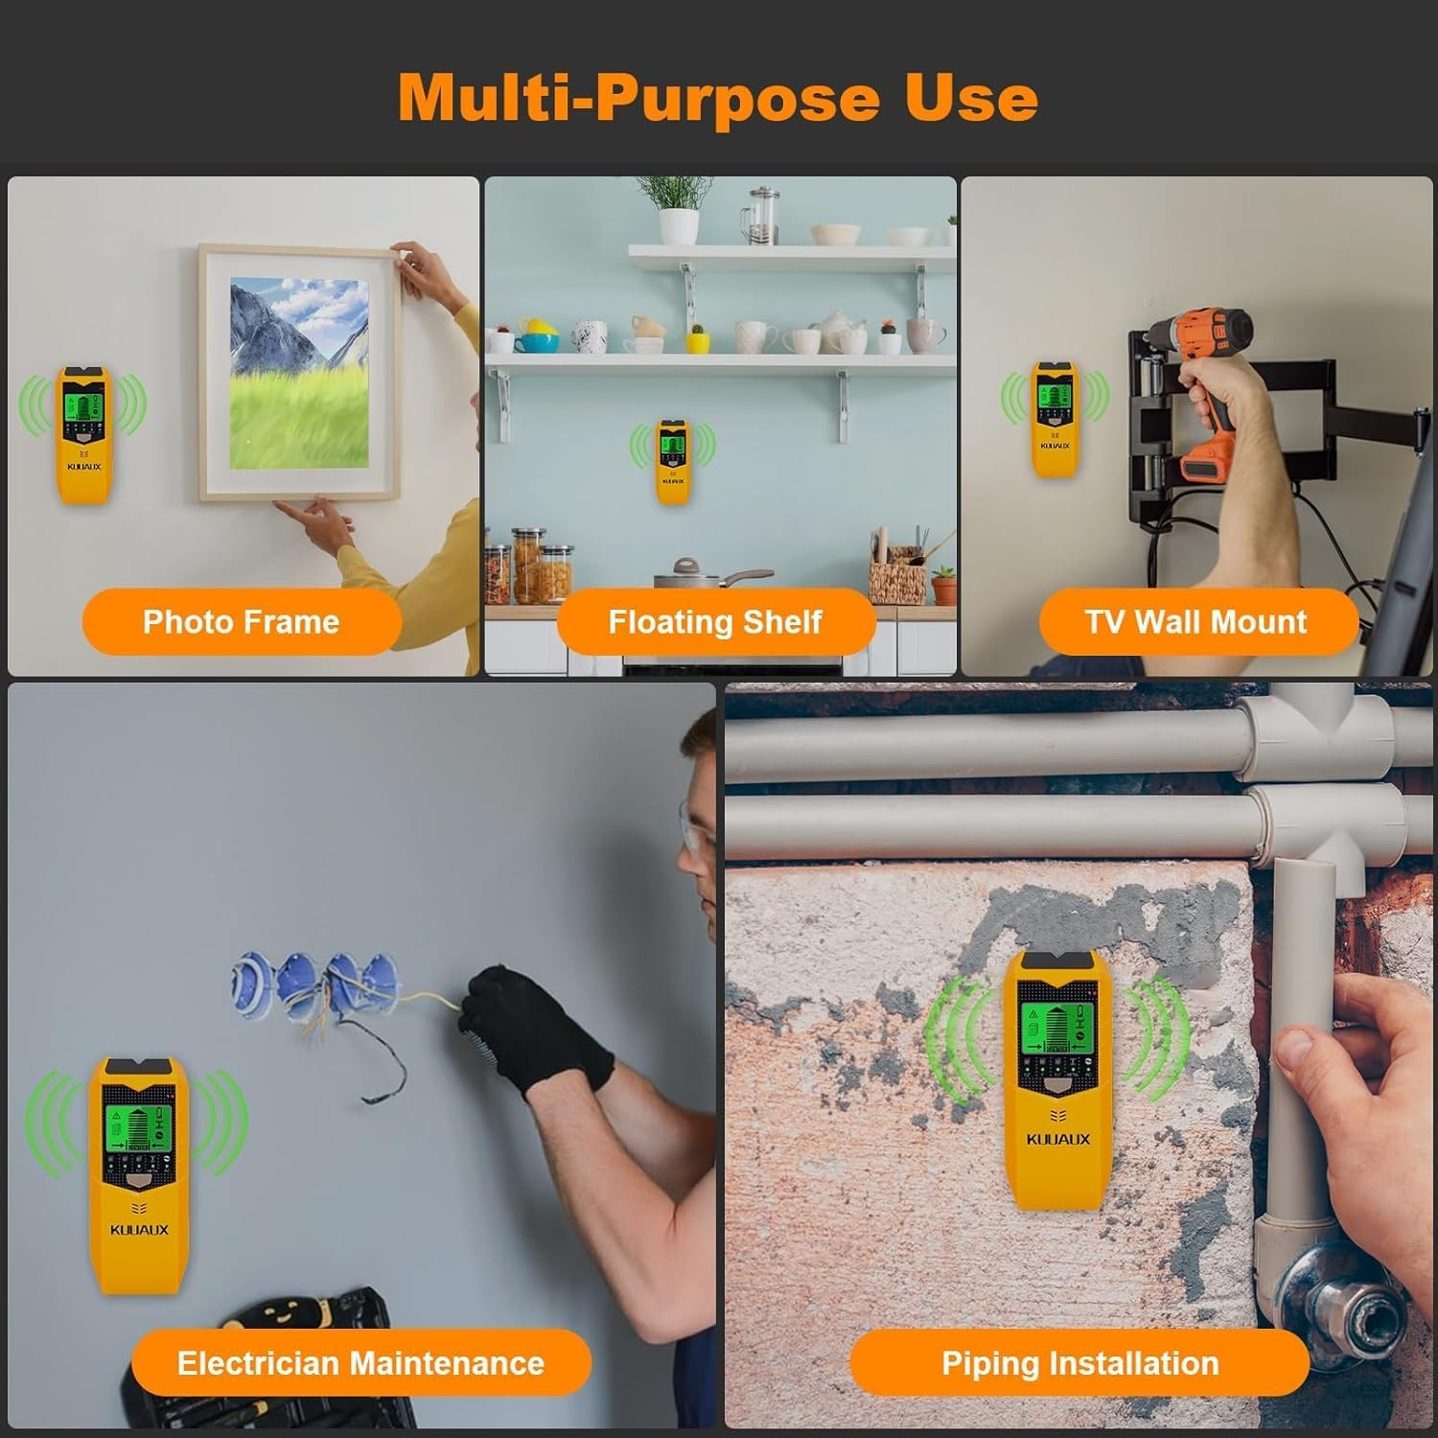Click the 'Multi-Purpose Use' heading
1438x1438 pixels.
point(718,98)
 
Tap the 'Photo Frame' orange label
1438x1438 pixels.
point(242,622)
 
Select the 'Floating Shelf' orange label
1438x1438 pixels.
point(715,622)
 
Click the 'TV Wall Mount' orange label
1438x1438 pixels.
point(1196,622)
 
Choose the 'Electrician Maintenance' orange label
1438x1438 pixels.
point(360,1362)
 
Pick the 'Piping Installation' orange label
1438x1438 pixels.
point(1079,1362)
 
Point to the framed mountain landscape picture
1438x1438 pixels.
point(298,373)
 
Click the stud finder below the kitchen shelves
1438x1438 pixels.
point(673,461)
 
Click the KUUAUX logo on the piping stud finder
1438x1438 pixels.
point(1058,1139)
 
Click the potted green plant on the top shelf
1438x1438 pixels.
point(677,206)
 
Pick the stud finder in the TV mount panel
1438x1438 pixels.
point(1055,419)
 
